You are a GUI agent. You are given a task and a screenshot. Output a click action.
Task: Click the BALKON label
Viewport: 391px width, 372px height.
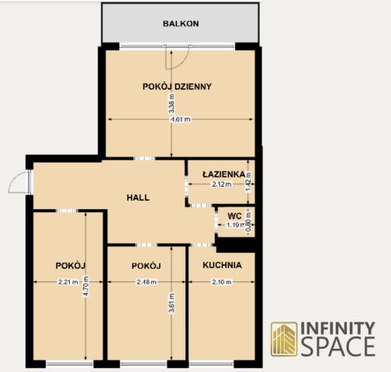(x=181, y=24)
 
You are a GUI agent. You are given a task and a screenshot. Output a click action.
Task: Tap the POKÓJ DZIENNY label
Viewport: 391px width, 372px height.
(x=177, y=87)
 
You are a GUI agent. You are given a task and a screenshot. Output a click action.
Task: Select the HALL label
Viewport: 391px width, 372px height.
(x=138, y=198)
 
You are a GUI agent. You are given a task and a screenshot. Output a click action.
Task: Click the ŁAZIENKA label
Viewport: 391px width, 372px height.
(x=223, y=174)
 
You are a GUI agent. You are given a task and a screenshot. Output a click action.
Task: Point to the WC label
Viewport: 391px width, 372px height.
(x=234, y=215)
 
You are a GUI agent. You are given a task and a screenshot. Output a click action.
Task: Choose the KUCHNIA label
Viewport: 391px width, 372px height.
(x=222, y=265)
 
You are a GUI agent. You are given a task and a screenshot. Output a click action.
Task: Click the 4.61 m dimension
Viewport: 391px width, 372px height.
(x=181, y=119)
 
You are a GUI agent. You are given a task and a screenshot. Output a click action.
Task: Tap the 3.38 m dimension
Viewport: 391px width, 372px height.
(x=171, y=103)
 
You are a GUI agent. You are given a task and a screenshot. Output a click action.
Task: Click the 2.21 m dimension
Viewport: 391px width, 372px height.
(x=68, y=282)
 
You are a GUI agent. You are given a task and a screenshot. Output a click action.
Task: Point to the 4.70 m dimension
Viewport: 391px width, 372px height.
(x=86, y=287)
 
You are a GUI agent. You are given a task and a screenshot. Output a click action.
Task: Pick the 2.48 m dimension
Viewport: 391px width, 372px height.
(x=147, y=282)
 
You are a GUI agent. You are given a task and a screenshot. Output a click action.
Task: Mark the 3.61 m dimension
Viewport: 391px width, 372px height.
(x=171, y=303)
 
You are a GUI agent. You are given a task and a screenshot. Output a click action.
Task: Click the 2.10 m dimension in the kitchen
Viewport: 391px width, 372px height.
(x=222, y=282)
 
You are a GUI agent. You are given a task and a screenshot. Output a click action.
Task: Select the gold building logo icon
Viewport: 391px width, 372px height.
(x=284, y=339)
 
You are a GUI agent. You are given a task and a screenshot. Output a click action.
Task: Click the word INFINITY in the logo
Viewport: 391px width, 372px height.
(x=337, y=329)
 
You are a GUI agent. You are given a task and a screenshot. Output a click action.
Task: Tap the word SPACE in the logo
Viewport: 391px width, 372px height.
(x=338, y=346)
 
